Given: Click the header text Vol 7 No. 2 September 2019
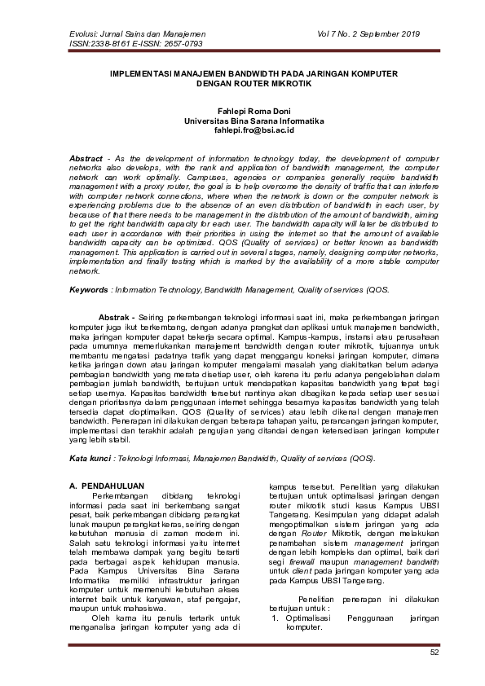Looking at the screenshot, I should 374,34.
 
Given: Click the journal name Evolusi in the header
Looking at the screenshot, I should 65,34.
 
